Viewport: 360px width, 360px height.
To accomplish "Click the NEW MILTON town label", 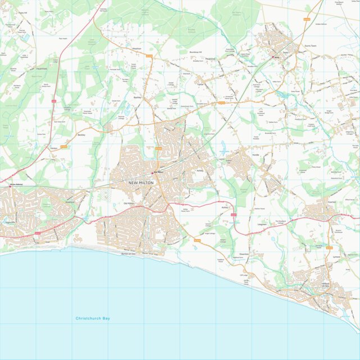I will (140, 183).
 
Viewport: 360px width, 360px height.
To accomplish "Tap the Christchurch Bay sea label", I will (93, 318).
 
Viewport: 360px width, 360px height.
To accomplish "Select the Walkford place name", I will (70, 200).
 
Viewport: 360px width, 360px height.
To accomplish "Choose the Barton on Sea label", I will (129, 254).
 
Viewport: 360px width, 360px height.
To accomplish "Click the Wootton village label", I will (136, 49).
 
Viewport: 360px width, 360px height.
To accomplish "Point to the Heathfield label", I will (42, 69).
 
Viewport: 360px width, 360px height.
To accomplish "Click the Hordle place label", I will (256, 154).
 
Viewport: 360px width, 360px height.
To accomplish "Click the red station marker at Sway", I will (274, 57).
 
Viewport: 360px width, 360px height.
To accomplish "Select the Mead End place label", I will (211, 58).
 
